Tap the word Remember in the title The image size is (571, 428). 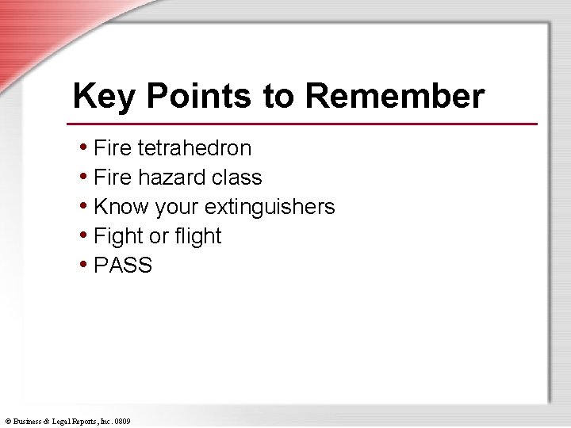(x=394, y=97)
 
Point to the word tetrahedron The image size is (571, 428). (x=194, y=148)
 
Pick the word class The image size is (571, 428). (x=236, y=178)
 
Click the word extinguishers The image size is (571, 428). (x=270, y=207)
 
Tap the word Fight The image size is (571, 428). (x=118, y=236)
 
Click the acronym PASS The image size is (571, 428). (x=123, y=266)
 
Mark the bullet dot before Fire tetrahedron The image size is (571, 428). (x=84, y=147)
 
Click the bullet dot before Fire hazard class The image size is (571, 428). (x=84, y=177)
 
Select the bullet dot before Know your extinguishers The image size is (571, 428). (x=84, y=206)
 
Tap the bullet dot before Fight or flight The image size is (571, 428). (x=84, y=235)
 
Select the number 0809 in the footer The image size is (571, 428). (x=122, y=422)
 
